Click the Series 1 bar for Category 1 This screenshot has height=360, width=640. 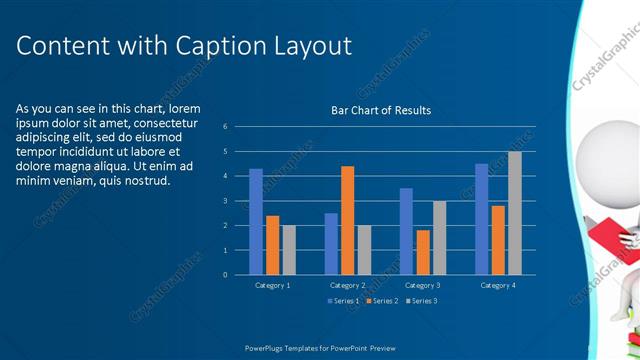coord(256,221)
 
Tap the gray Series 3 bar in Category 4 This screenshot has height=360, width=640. coord(514,213)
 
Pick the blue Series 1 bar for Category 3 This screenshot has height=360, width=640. coord(406,231)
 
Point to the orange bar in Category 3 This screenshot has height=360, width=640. coord(422,252)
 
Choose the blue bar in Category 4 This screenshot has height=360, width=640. coord(481,219)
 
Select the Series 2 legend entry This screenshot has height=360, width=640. coord(382,300)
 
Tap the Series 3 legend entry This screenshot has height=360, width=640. coord(421,300)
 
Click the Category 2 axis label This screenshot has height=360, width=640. coord(348,285)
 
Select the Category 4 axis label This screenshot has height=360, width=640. coord(498,285)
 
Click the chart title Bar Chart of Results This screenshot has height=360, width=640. coord(381,110)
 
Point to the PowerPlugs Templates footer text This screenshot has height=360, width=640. coord(320,348)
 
